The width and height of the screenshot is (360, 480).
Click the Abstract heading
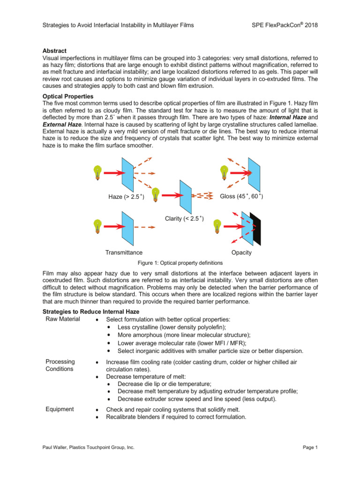click(54, 51)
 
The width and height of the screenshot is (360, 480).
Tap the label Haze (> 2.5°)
click(126, 197)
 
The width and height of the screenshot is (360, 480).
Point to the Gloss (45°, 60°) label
click(241, 196)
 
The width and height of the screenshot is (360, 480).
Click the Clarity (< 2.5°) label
click(184, 218)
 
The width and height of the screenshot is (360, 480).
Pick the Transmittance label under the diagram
click(124, 253)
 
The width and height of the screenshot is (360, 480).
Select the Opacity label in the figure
click(241, 253)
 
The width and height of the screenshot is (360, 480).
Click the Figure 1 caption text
click(180, 263)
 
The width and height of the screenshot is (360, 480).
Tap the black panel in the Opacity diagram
click(255, 228)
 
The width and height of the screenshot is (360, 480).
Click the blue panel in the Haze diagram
click(128, 172)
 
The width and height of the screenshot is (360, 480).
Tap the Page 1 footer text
click(310, 448)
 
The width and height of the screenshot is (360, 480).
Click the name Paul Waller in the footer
click(55, 448)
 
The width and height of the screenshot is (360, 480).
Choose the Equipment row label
click(60, 409)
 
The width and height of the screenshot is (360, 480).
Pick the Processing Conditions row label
click(60, 365)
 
